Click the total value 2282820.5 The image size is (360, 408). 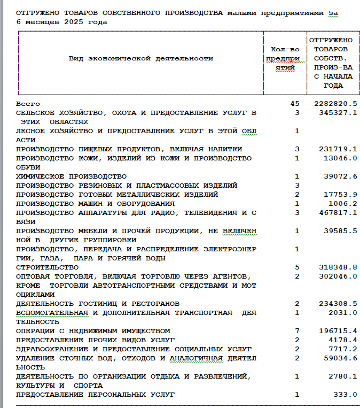(335, 103)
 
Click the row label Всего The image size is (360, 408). (28, 103)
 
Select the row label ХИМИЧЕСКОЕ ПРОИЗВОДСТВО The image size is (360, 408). (71, 176)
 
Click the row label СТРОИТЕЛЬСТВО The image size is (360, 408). (48, 267)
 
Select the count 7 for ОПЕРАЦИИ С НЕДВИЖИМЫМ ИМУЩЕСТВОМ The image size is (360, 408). (297, 331)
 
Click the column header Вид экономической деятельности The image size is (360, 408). (140, 58)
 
